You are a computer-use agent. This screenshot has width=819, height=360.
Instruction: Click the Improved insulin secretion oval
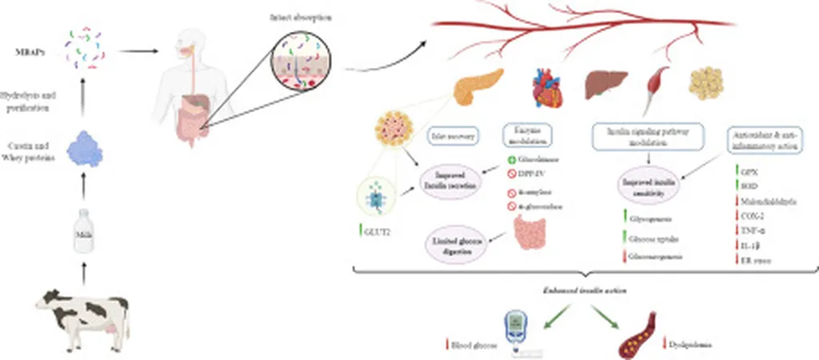tap(453, 177)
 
